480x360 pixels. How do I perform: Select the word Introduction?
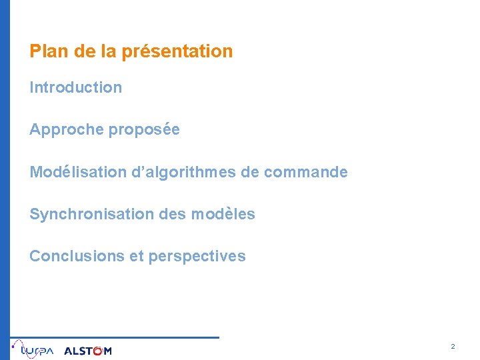75,87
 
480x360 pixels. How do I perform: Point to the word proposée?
144,130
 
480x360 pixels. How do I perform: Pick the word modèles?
223,214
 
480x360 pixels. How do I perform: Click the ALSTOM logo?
88,351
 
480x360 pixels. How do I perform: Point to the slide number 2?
453,347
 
